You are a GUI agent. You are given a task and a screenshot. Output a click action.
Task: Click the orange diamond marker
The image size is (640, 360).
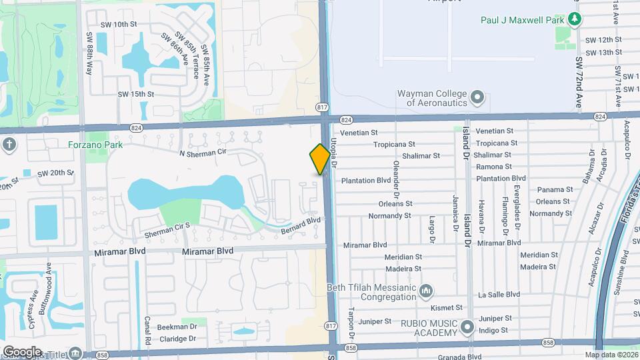[320, 159]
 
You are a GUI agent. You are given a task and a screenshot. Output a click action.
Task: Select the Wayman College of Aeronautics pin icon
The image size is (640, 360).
[477, 98]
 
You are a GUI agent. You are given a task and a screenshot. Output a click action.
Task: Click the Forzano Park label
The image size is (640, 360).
[91, 143]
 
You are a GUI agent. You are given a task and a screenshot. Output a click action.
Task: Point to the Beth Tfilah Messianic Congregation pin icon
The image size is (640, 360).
[427, 291]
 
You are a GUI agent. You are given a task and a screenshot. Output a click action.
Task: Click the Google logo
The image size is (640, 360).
[22, 351]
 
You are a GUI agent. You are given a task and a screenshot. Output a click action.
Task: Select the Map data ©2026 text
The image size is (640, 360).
[611, 355]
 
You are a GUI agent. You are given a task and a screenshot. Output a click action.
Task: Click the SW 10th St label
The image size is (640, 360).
[120, 24]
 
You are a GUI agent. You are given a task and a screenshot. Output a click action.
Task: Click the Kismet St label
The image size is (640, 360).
[447, 307]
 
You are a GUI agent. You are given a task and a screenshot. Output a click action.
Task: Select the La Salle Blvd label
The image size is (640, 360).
[499, 294]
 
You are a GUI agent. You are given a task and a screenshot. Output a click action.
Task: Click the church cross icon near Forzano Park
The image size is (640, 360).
[9, 144]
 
